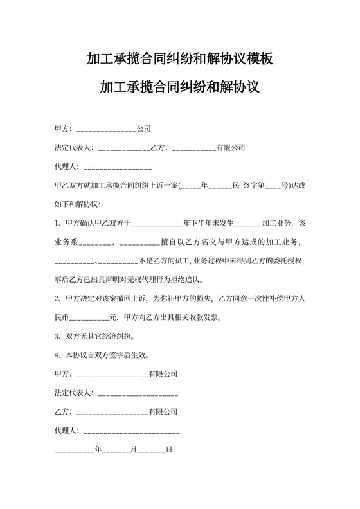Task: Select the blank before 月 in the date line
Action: coord(117,449)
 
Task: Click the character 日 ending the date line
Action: coord(169,449)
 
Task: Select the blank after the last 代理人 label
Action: coord(131,430)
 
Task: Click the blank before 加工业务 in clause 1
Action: coord(248,224)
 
